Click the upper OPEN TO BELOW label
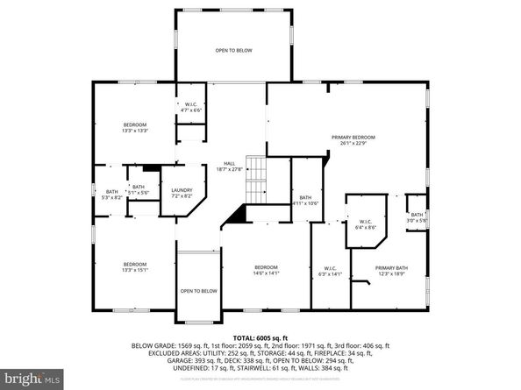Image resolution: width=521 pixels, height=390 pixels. tap(234, 51)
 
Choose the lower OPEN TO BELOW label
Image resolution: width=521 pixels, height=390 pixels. tap(198, 291)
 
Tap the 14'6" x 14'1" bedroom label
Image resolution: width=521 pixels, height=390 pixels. tap(266, 270)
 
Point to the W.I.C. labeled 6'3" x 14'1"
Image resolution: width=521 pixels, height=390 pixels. tap(330, 271)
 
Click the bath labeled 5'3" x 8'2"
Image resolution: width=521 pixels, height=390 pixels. tap(112, 195)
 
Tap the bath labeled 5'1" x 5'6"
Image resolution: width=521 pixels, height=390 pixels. tap(139, 188)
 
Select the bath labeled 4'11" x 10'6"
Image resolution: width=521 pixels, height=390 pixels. tap(305, 200)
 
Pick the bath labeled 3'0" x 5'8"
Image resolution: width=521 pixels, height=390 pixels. tap(418, 217)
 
